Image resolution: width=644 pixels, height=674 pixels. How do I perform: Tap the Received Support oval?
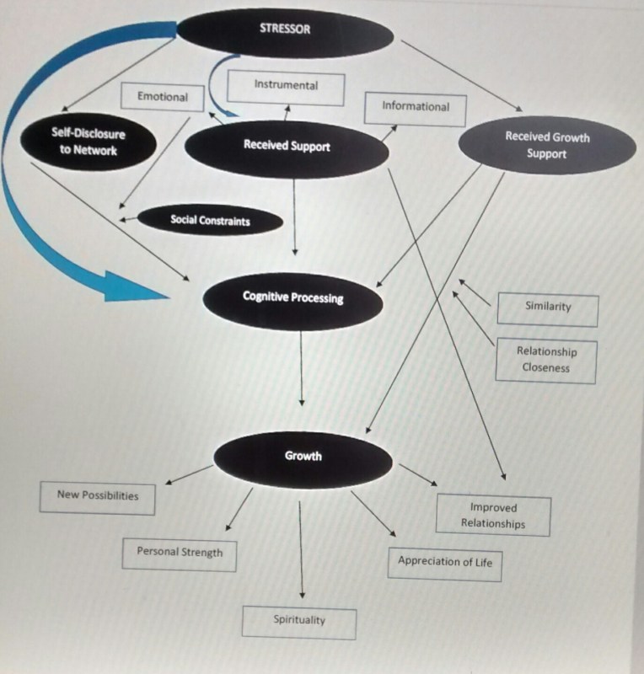coord(287,147)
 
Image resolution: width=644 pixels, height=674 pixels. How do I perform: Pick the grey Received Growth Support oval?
coord(546,145)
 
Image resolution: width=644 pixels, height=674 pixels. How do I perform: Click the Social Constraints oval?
coord(210,221)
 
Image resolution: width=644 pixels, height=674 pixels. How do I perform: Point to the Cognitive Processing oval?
coord(292,298)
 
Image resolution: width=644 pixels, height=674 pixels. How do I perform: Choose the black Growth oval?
coord(303,457)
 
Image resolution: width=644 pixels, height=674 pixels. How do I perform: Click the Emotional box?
coord(163,97)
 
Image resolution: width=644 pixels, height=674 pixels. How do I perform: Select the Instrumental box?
coord(286,86)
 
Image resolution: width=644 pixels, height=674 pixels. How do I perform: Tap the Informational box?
coord(416,107)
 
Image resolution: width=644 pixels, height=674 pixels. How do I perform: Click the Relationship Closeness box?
coord(545,360)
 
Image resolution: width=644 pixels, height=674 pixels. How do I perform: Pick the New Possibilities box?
coord(98,495)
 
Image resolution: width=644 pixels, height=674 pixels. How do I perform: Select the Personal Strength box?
coord(180,554)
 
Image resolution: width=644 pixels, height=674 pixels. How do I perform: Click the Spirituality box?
coord(299,621)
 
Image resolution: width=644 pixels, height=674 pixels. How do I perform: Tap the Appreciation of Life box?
coord(445,562)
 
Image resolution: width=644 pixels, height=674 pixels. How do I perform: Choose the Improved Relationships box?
coord(493,516)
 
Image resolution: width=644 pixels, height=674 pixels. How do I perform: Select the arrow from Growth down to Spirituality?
coord(302,548)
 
